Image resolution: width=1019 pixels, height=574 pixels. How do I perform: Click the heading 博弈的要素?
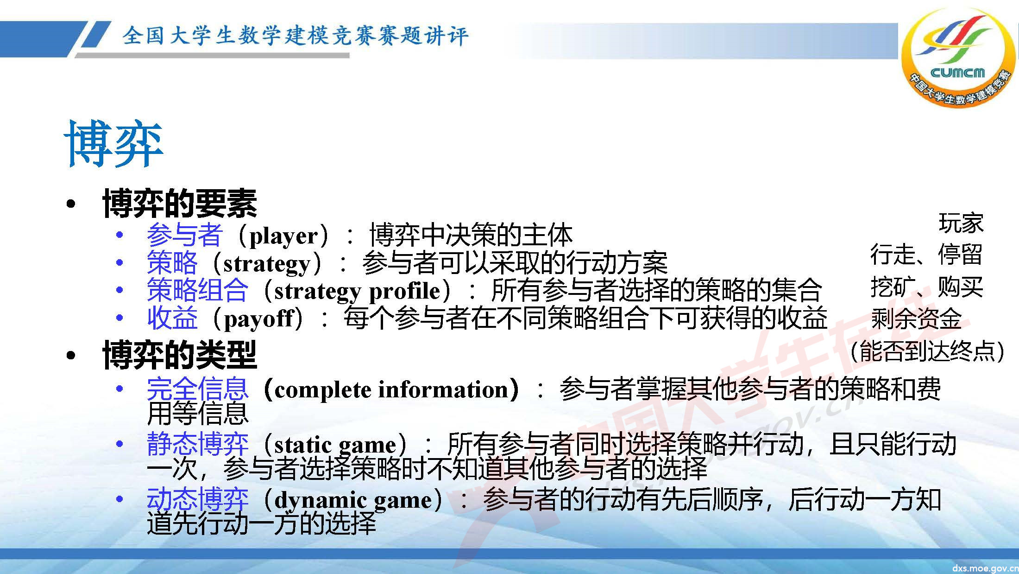pyautogui.click(x=180, y=204)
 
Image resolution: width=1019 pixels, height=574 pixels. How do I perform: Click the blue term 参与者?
pyautogui.click(x=185, y=235)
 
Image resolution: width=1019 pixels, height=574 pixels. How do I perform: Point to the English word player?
pyautogui.click(x=283, y=236)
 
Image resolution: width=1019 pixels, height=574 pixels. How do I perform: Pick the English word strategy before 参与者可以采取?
pyautogui.click(x=267, y=264)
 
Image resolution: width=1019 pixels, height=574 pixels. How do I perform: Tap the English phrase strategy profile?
pyautogui.click(x=357, y=291)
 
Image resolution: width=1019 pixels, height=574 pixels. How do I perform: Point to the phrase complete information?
pyautogui.click(x=391, y=389)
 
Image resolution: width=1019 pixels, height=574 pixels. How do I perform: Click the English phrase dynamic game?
pyautogui.click(x=353, y=500)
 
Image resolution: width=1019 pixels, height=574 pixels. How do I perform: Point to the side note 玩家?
pyautogui.click(x=961, y=223)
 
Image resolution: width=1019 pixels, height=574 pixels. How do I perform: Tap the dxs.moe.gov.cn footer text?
pyautogui.click(x=985, y=568)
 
